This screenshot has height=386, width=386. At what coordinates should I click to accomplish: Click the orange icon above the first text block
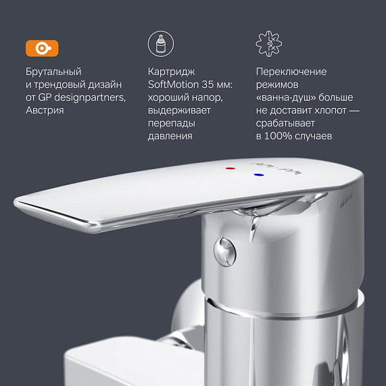pyautogui.click(x=42, y=48)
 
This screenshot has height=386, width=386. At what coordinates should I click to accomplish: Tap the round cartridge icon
pyautogui.click(x=160, y=45)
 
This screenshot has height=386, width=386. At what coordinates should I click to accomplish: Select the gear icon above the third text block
pyautogui.click(x=268, y=45)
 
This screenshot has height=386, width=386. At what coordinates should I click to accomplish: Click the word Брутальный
pyautogui.click(x=53, y=72)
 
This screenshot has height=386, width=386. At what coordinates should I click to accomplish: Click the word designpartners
pyautogui.click(x=92, y=97)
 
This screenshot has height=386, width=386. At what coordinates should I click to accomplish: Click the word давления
pyautogui.click(x=170, y=136)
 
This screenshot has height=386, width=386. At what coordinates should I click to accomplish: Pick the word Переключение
pyautogui.click(x=291, y=72)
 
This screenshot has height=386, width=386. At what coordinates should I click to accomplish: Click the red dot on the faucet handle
pyautogui.click(x=232, y=166)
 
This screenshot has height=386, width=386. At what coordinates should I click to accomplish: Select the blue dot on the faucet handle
pyautogui.click(x=258, y=174)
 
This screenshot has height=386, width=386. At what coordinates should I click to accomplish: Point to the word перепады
pyautogui.click(x=171, y=123)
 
